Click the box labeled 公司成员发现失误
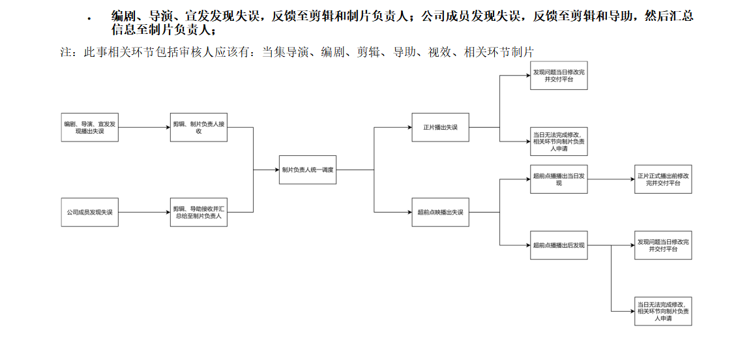click(x=90, y=212)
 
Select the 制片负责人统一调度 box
click(x=308, y=170)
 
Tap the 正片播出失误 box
click(x=441, y=127)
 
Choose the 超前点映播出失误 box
click(x=441, y=212)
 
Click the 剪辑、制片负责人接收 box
click(x=198, y=127)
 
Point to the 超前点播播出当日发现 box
click(x=559, y=179)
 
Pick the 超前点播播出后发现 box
click(x=559, y=245)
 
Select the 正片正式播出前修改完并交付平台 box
click(x=663, y=179)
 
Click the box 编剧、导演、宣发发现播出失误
click(x=90, y=127)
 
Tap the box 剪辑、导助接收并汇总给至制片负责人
click(x=198, y=212)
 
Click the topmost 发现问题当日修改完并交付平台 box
click(x=559, y=76)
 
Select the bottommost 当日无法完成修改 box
click(x=663, y=310)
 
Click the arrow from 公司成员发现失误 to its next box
click(x=144, y=212)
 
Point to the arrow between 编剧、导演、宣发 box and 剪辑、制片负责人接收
click(x=144, y=127)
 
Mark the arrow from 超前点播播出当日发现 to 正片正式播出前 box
click(x=611, y=179)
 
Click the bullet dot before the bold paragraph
click(x=89, y=19)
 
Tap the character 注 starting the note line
click(x=66, y=52)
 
